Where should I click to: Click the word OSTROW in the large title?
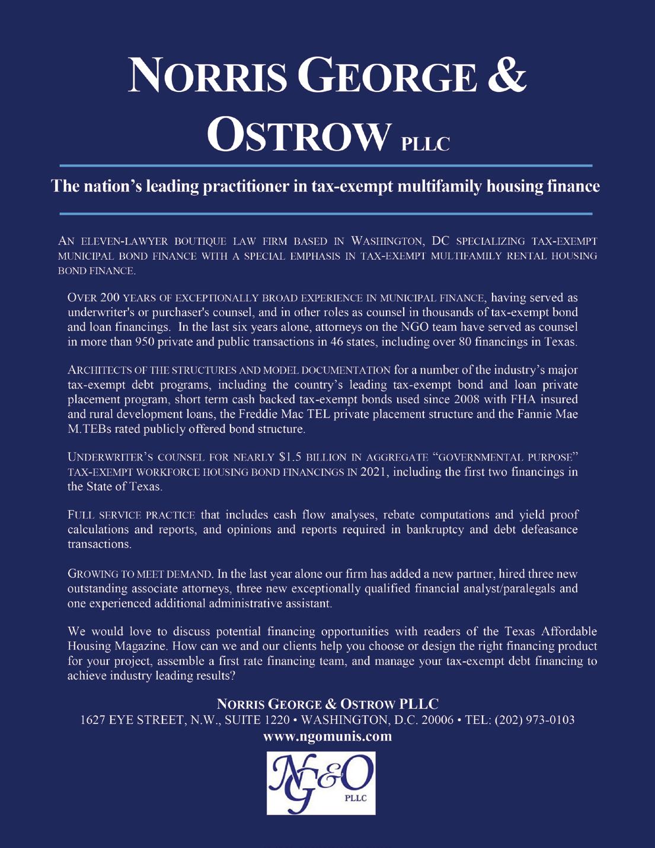click(x=300, y=136)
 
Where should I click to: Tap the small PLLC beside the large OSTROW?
click(x=425, y=144)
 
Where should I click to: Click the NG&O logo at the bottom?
click(x=321, y=783)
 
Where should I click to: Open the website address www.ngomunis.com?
click(x=327, y=737)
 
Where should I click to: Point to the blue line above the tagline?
click(x=327, y=165)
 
